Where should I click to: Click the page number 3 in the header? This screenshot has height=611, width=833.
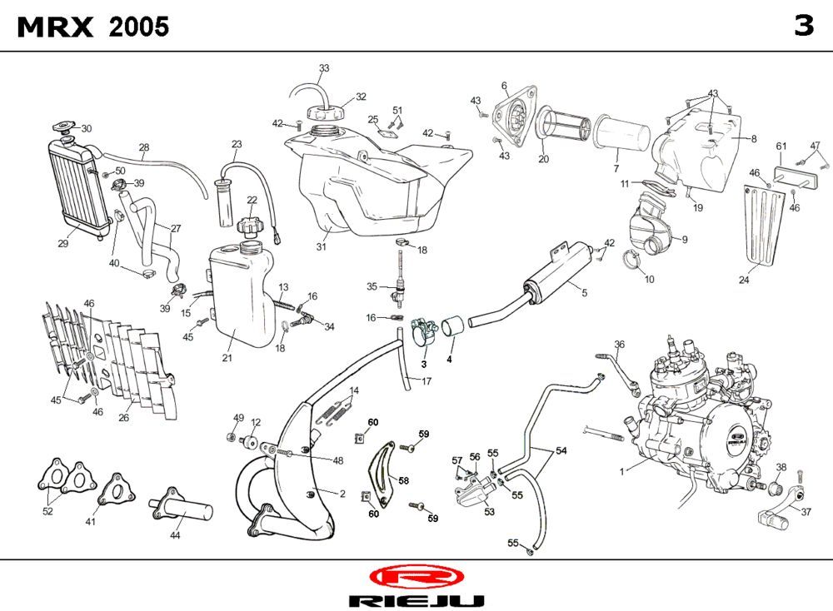coord(803,27)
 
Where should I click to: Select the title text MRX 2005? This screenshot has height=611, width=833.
coord(93,27)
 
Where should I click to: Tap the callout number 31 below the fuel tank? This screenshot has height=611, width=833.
coord(322,246)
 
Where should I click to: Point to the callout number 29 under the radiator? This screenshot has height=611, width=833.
coord(62,244)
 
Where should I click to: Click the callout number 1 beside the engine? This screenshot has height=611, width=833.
coord(621,472)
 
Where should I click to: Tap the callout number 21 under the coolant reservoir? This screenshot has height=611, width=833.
coord(227,358)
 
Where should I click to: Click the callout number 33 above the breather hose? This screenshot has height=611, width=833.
coord(324,67)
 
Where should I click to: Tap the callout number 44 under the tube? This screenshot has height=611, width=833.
coord(175,535)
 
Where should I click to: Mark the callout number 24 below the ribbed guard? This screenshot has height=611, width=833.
coord(744,281)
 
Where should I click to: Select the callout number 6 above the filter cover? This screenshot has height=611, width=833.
coord(504,86)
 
